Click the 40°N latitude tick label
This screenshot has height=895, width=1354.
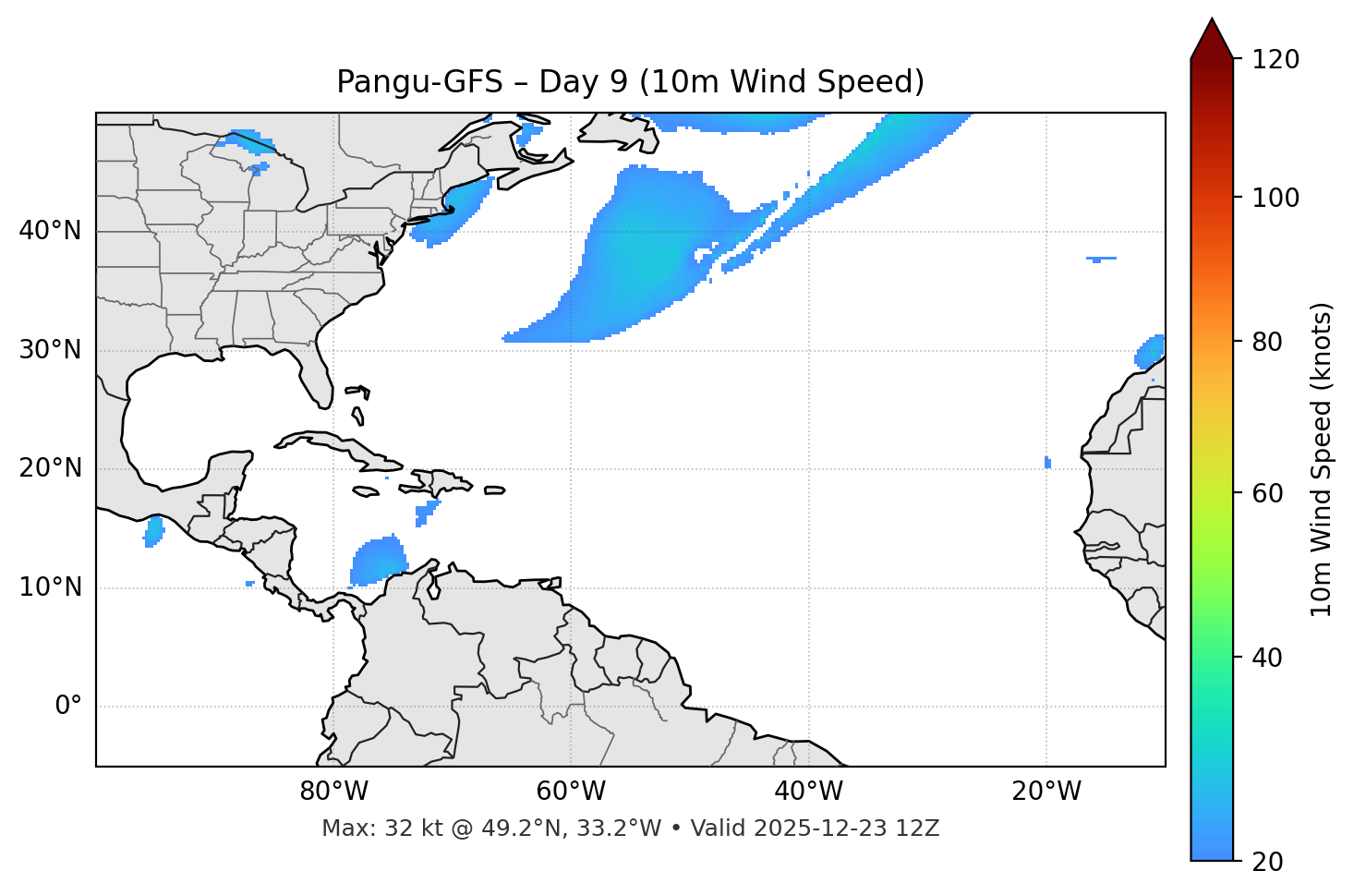[x=50, y=231]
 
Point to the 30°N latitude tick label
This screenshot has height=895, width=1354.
[x=50, y=350]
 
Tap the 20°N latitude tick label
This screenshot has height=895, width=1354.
[x=50, y=469]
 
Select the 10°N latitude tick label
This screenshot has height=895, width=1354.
[x=50, y=587]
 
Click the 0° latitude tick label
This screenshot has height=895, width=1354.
[x=68, y=707]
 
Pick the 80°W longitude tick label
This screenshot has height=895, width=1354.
[x=333, y=792]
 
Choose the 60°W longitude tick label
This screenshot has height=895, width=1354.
[x=571, y=792]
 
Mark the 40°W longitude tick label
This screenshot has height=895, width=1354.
[x=808, y=792]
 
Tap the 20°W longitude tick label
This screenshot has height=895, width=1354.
[x=1046, y=792]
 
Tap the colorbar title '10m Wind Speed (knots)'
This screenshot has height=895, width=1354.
[x=1322, y=459]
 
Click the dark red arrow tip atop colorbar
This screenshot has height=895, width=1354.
[x=1212, y=37]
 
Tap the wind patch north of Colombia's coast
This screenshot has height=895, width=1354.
[x=379, y=561]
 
